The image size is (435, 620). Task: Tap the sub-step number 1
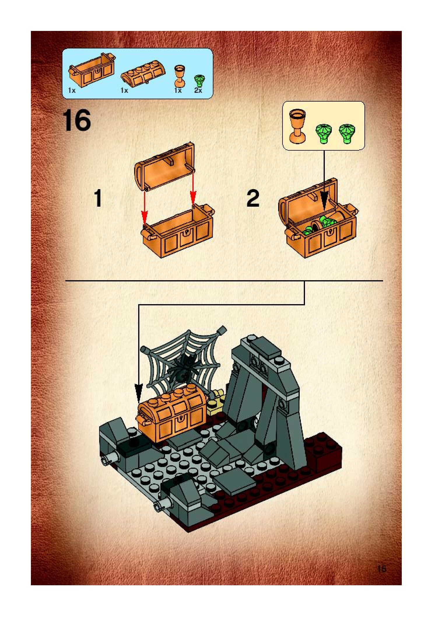coord(99,198)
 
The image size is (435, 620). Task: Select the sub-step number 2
coord(253,198)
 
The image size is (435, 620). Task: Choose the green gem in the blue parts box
coord(199,80)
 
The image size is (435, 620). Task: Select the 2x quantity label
coord(198,90)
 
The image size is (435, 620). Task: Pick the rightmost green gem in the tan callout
coord(347,134)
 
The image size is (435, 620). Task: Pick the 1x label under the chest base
coord(72,90)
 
